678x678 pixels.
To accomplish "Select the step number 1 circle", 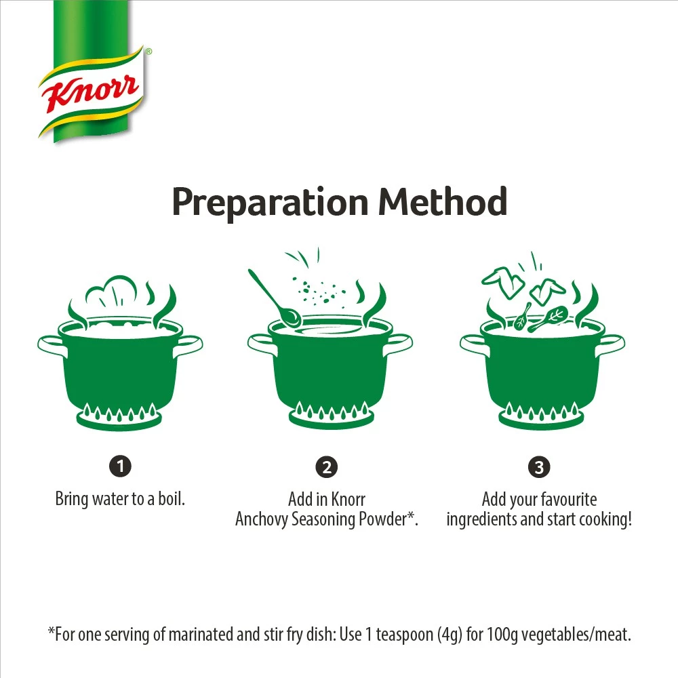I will pyautogui.click(x=120, y=466).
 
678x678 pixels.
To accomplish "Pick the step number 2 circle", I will pyautogui.click(x=326, y=467).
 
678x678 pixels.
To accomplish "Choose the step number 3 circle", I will pyautogui.click(x=539, y=467).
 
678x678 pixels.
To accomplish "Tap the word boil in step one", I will pyautogui.click(x=171, y=500).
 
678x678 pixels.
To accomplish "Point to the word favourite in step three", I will pyautogui.click(x=566, y=500).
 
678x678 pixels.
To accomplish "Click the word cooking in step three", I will pyautogui.click(x=603, y=520).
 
